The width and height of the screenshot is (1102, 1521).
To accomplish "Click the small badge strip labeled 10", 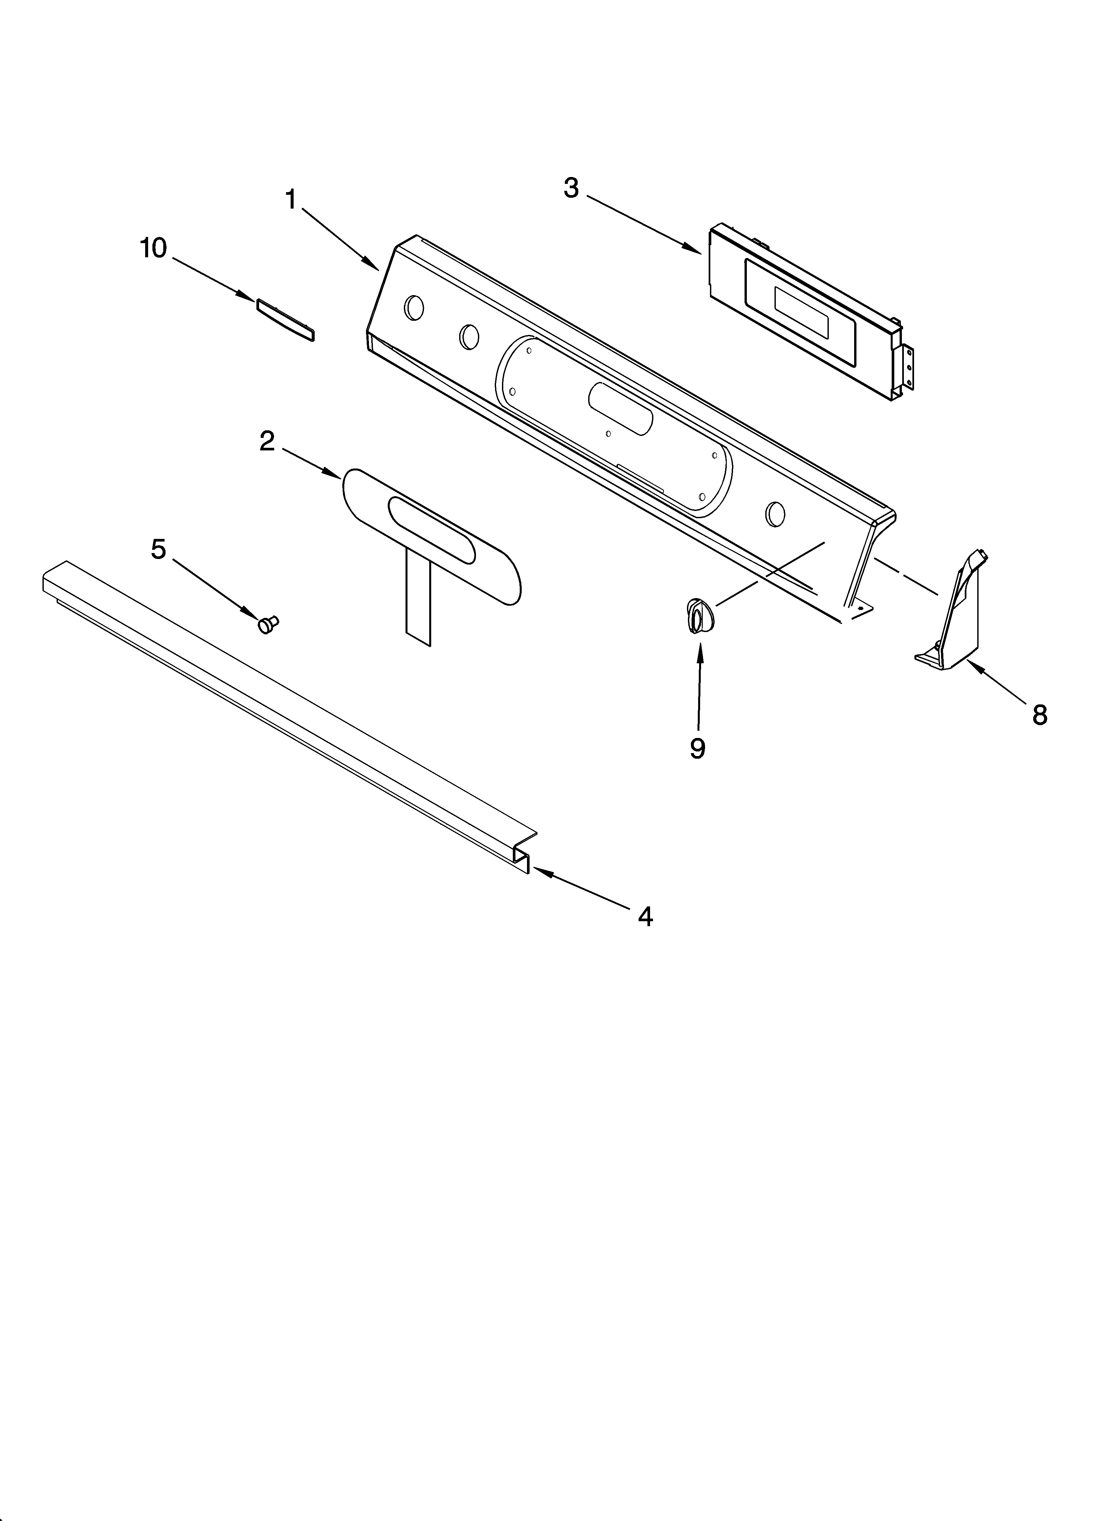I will click(285, 320).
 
